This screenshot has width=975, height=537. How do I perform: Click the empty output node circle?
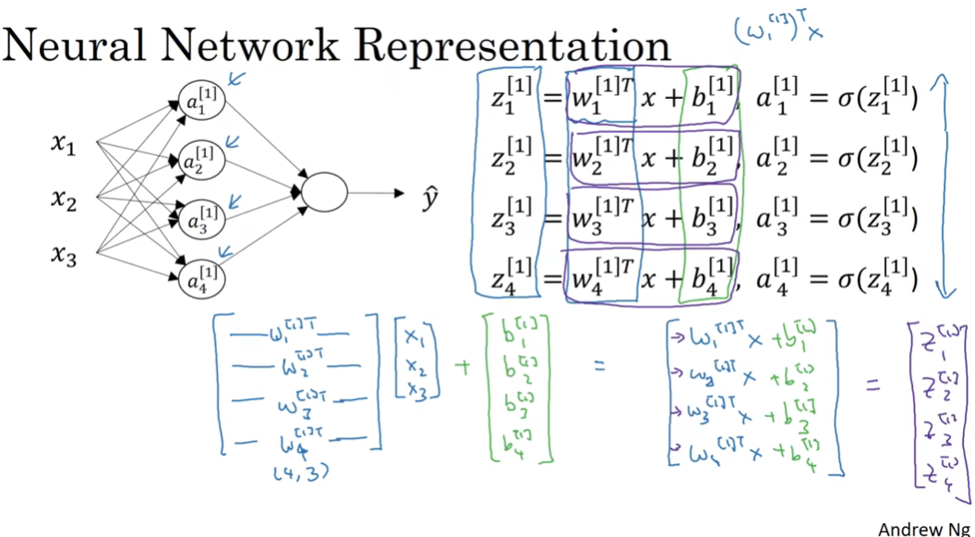[324, 192]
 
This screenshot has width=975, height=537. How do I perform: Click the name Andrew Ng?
[924, 529]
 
